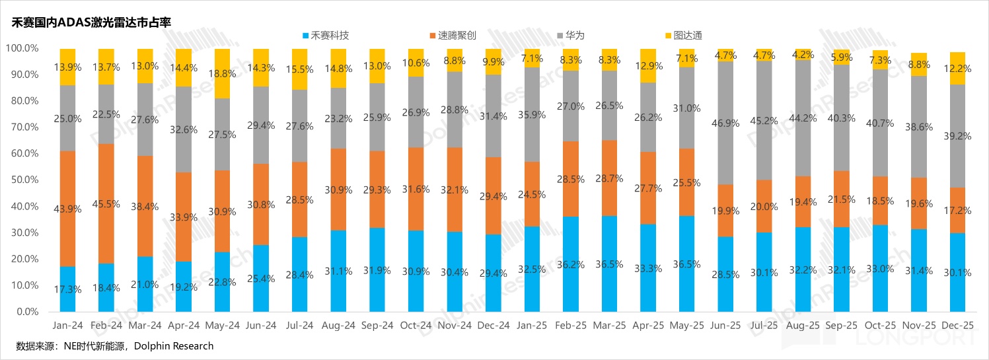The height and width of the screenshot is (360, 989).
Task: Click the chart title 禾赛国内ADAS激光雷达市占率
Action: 91,22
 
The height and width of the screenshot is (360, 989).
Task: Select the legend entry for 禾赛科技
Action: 325,35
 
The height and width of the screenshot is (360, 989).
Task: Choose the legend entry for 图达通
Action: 685,35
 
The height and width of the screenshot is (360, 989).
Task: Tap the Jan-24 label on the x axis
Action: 67,325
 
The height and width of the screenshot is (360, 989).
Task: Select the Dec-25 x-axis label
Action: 957,325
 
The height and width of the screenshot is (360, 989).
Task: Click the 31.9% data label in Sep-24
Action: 377,270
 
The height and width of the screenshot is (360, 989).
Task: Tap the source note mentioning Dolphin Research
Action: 115,346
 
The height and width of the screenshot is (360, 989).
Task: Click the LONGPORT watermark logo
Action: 912,340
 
